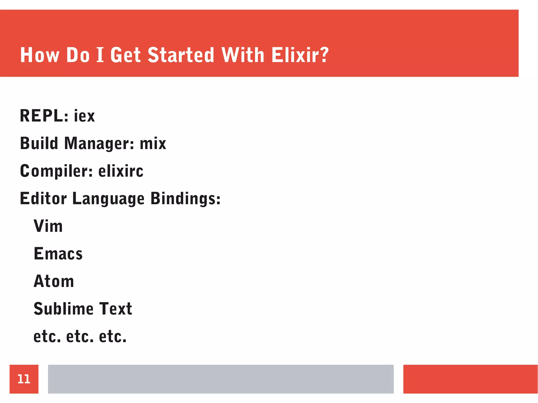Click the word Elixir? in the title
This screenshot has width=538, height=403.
click(300, 55)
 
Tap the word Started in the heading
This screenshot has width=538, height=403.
click(181, 55)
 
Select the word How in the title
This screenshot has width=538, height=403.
click(40, 55)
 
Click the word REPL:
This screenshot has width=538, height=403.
click(44, 116)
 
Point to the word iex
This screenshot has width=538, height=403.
click(84, 116)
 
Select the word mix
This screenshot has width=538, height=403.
click(153, 144)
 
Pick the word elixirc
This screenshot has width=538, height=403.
click(121, 171)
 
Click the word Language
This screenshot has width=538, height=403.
click(108, 199)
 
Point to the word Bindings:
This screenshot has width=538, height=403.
click(185, 199)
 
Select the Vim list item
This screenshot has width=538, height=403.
click(48, 226)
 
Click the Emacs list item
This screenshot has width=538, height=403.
click(58, 254)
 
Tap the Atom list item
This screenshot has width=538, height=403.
click(54, 281)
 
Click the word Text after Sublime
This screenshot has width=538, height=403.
click(116, 309)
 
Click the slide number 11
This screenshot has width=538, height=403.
click(24, 379)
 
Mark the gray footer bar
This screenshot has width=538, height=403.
click(221, 379)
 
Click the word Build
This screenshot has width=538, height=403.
click(39, 144)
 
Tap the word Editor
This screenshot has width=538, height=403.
click(43, 199)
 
